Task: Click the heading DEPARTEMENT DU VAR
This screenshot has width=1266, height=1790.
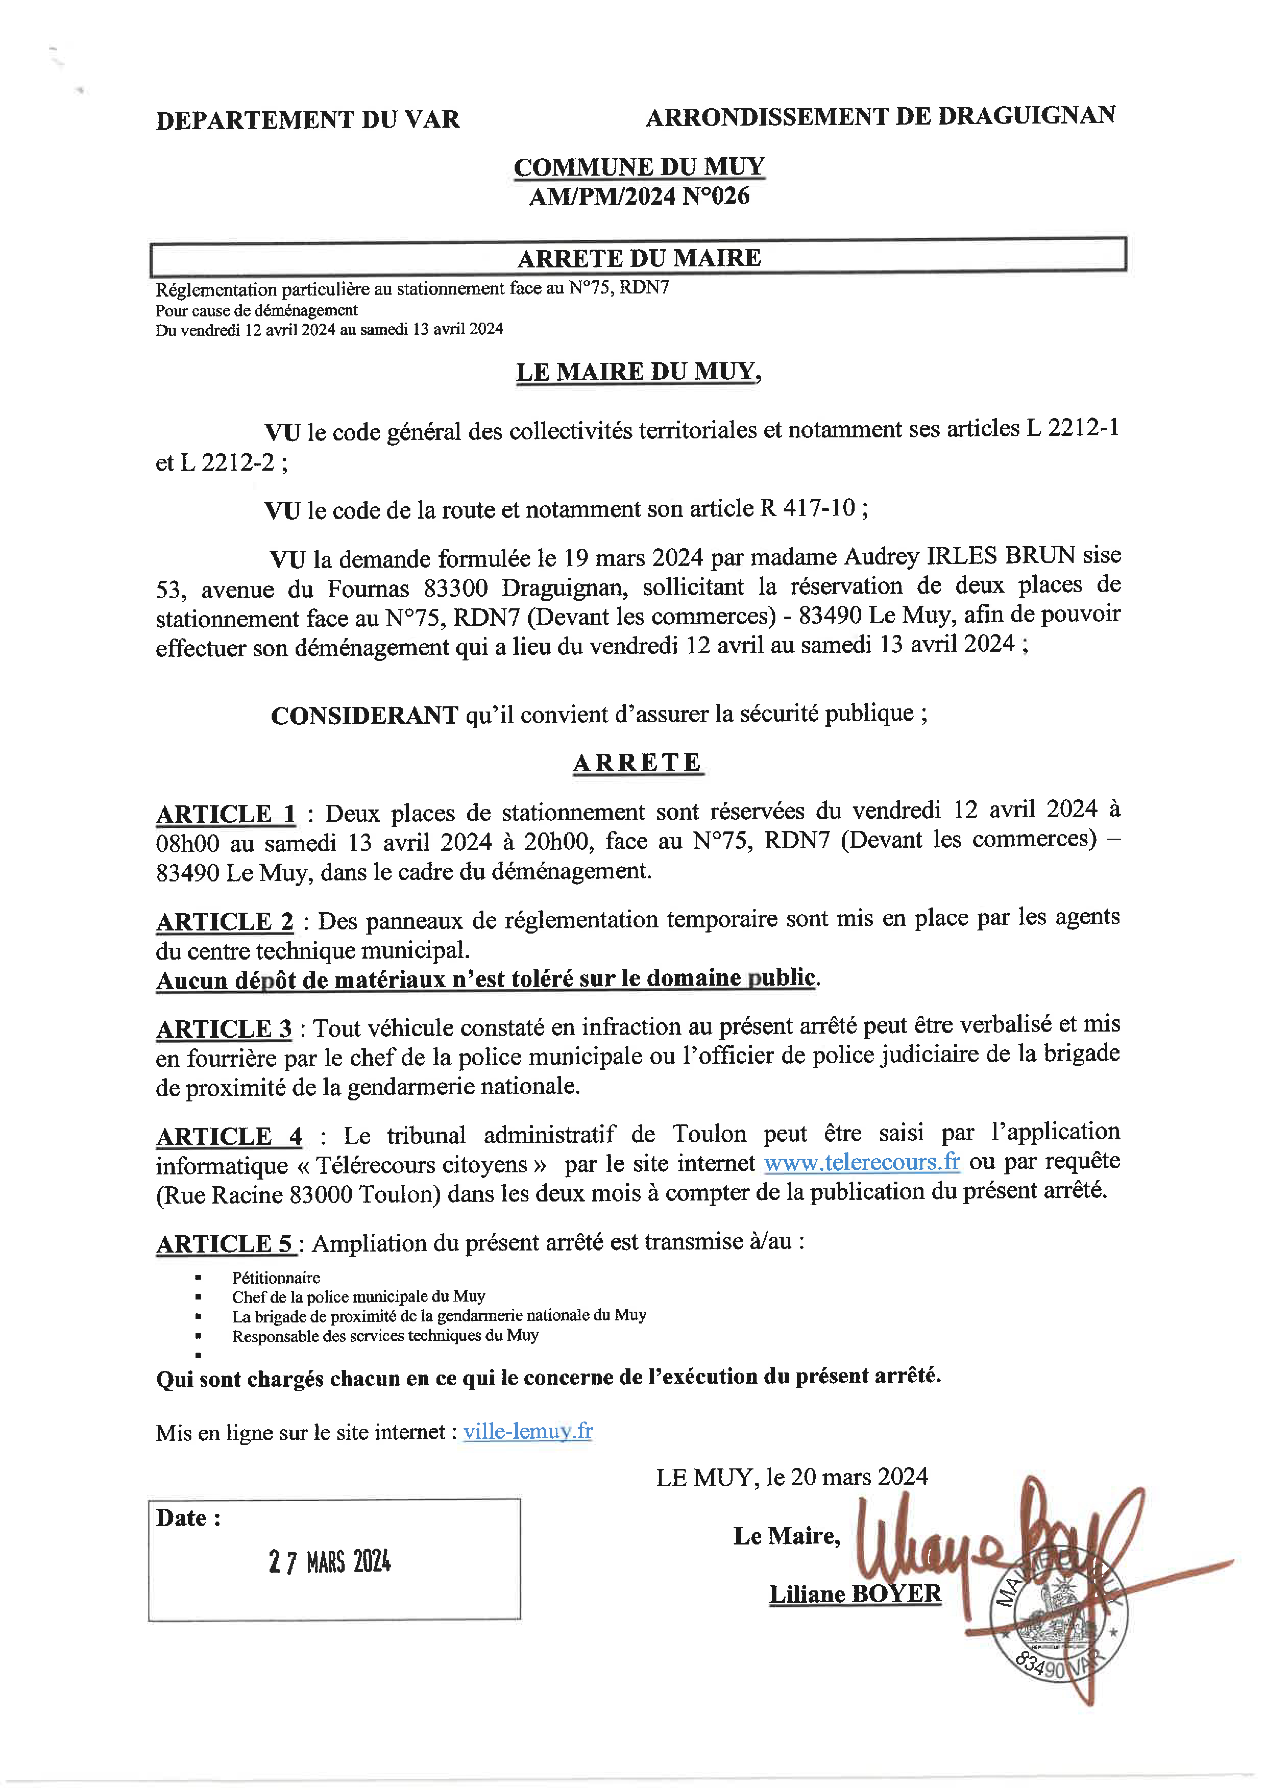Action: point(308,120)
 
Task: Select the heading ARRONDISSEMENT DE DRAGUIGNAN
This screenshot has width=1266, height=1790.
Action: point(880,116)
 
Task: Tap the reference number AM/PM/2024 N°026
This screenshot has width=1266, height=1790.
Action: point(639,197)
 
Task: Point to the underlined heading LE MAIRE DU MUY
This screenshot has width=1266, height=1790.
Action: point(638,372)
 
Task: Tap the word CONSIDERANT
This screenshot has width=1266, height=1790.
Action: point(364,715)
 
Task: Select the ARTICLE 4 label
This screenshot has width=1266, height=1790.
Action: point(228,1137)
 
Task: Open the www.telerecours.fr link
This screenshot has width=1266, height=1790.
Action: point(861,1162)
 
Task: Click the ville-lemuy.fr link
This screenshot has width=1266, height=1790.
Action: point(528,1431)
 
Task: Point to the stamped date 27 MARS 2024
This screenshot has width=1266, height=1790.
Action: point(330,1562)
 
